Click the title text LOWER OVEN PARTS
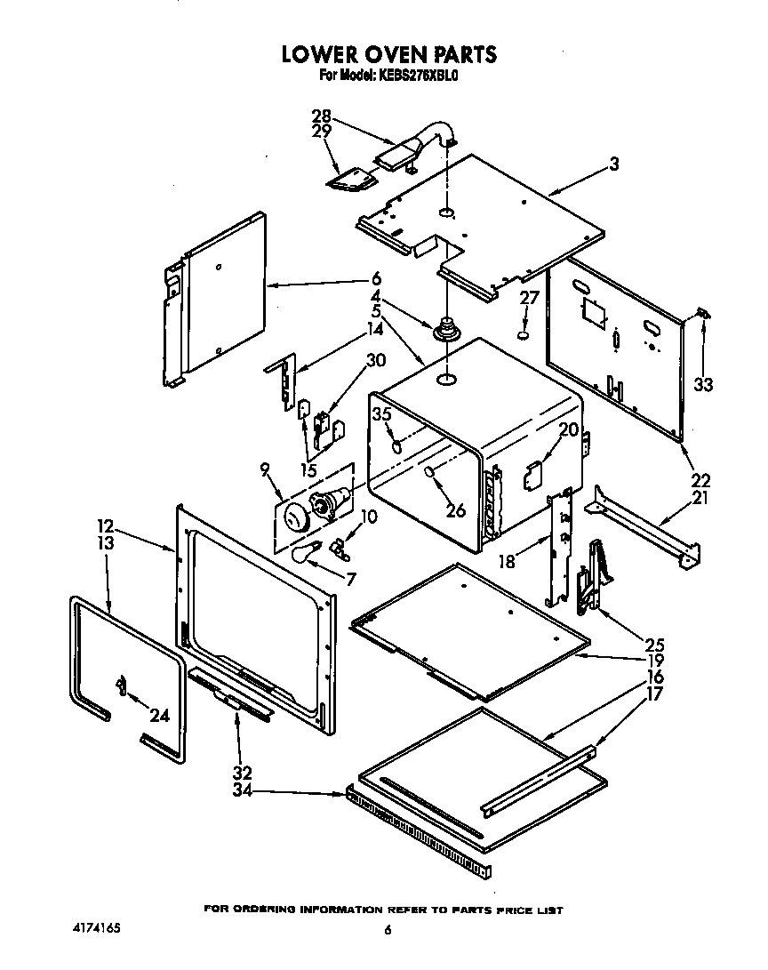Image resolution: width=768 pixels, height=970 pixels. click(388, 54)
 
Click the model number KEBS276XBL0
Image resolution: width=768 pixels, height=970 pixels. click(420, 77)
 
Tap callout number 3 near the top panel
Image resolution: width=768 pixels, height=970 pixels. click(613, 164)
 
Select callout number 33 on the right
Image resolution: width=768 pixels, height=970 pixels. click(704, 385)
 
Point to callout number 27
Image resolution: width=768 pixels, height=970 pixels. click(529, 299)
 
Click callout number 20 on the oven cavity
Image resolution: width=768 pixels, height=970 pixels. click(568, 430)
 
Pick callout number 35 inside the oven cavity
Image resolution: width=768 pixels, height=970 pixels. click(381, 413)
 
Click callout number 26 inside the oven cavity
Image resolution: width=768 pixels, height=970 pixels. click(455, 510)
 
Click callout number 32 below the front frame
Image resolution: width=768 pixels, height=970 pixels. click(242, 772)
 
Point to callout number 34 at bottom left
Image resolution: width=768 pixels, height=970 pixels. click(242, 789)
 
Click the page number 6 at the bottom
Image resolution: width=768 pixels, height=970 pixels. click(387, 931)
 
